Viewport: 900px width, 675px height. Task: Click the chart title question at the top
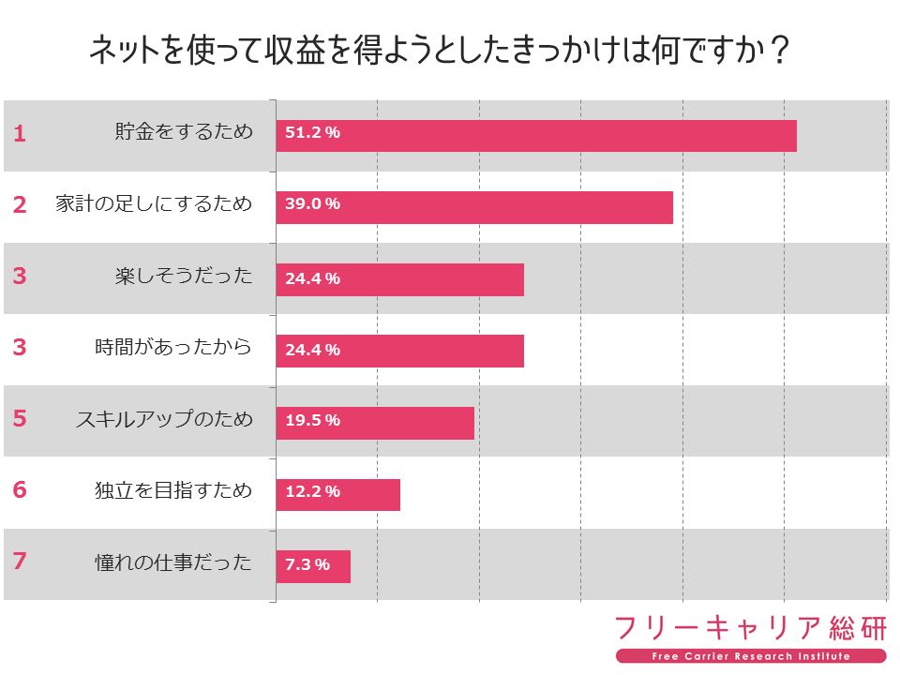click(439, 52)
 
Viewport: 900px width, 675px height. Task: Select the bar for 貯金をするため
click(536, 136)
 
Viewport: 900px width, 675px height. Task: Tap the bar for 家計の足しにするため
click(474, 207)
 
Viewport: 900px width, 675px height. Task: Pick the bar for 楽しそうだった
click(400, 279)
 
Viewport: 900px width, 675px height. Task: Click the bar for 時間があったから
click(400, 351)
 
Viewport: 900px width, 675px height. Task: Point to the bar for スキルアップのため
click(375, 423)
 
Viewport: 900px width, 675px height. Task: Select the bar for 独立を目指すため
click(338, 494)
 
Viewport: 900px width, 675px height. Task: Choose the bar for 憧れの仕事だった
click(313, 566)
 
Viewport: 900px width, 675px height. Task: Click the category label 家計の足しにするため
click(154, 203)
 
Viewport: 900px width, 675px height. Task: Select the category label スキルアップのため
click(164, 419)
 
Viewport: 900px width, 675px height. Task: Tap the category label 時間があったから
click(173, 348)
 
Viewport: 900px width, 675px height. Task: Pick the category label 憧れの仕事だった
click(173, 562)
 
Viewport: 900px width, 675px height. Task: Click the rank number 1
click(20, 133)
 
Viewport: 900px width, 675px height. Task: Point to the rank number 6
click(20, 490)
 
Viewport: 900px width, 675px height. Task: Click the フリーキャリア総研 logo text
click(750, 628)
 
